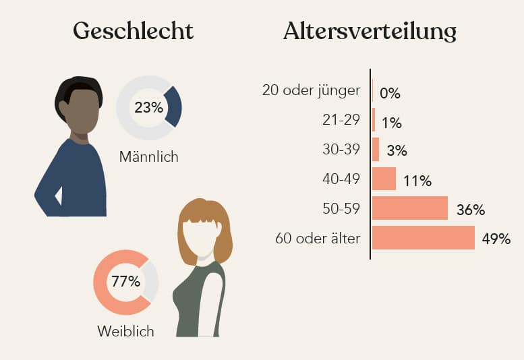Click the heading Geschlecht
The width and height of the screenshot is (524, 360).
point(133,31)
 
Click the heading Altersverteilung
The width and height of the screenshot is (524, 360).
point(370,31)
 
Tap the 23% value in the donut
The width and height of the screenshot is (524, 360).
point(148,108)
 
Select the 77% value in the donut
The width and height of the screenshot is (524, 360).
point(125,282)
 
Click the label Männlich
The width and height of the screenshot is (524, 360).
point(148,157)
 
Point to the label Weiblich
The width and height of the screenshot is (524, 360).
point(125,331)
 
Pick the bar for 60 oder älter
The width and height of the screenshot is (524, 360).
point(423,238)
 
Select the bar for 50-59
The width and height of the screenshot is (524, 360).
point(409,208)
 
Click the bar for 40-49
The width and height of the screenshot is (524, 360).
point(384,179)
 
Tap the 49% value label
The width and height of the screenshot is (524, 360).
point(496,239)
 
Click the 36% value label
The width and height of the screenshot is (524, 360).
point(470,210)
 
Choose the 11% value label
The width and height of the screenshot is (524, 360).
point(417,180)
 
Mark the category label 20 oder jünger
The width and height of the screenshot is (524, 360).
point(311,90)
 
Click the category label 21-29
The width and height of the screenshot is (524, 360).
point(341,120)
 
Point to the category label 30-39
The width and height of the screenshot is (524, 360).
point(341,150)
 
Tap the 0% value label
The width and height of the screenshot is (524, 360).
point(390,93)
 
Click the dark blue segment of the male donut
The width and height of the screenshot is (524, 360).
point(173,107)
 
